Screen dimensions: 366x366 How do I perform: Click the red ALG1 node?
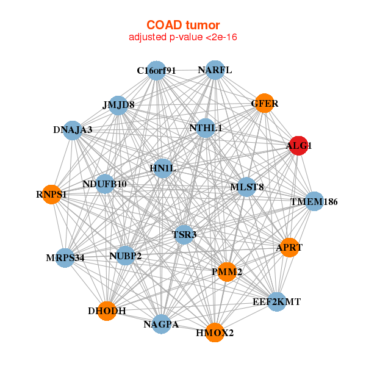click(x=298, y=146)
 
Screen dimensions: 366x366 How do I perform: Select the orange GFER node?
click(x=265, y=103)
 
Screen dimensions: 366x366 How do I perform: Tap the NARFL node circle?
click(x=215, y=70)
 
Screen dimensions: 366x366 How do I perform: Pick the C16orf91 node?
click(x=156, y=71)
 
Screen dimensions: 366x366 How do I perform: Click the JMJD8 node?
click(x=118, y=106)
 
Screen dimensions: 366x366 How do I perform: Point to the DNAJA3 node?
click(x=73, y=131)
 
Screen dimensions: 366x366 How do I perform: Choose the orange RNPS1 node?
click(x=52, y=195)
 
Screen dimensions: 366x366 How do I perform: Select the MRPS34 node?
click(x=65, y=258)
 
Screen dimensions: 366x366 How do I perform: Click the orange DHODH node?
click(x=107, y=311)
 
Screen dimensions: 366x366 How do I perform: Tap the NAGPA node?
click(x=161, y=324)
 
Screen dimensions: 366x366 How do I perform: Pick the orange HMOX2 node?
click(x=215, y=332)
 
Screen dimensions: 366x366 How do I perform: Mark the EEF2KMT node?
click(x=277, y=302)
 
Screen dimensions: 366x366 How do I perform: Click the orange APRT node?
click(x=289, y=248)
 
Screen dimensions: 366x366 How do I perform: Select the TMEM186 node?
click(x=314, y=201)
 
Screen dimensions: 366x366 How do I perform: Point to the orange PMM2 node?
click(x=227, y=272)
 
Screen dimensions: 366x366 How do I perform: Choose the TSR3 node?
click(x=184, y=235)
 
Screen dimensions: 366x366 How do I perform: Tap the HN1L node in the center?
click(x=163, y=168)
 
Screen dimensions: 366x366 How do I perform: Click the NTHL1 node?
click(x=206, y=128)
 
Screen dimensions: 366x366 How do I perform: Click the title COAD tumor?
click(x=183, y=25)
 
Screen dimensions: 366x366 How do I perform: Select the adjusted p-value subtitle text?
click(x=183, y=37)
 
